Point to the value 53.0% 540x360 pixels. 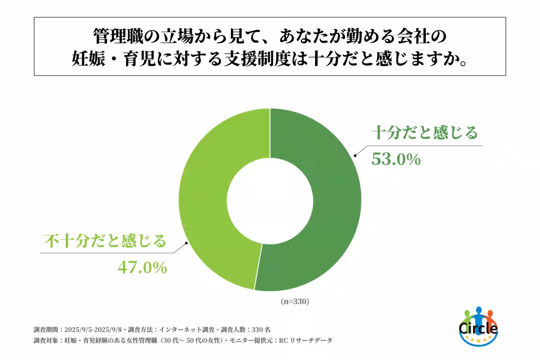point(396,159)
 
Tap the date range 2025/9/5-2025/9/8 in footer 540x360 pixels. point(95,329)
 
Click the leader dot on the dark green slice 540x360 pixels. point(355,156)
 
